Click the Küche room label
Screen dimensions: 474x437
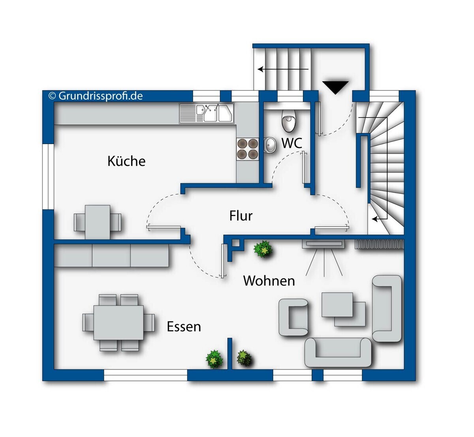(126, 161)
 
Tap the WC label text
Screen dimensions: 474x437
(292, 143)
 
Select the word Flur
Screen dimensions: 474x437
(241, 216)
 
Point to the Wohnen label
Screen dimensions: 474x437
(269, 281)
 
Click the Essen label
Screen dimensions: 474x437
(184, 326)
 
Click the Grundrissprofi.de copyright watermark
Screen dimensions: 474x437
(96, 96)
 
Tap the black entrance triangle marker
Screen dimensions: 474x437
(335, 88)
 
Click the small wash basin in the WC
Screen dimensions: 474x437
(270, 145)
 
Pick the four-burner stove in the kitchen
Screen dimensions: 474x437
(248, 149)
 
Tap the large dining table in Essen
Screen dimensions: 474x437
(118, 323)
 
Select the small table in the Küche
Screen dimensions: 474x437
(98, 222)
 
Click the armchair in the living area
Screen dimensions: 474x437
(293, 317)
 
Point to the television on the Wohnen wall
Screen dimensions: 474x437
(324, 244)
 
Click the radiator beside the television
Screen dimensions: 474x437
(380, 244)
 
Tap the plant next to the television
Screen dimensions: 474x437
(263, 249)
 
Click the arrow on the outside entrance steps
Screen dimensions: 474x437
(283, 69)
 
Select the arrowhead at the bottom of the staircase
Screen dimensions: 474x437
(375, 219)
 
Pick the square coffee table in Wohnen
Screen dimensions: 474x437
(337, 305)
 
